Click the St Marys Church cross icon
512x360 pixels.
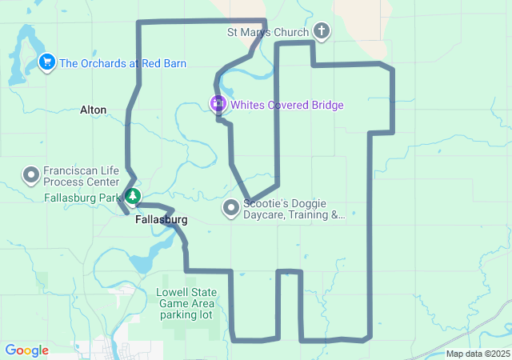(x=321, y=32)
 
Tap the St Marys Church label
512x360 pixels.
(x=268, y=33)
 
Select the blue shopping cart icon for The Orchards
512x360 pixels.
(x=46, y=62)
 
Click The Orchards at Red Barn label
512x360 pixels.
(x=123, y=62)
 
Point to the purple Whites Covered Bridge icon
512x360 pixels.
(x=218, y=104)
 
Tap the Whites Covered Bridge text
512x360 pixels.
(x=286, y=105)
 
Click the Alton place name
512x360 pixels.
(x=93, y=110)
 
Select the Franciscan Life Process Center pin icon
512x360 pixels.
(x=31, y=174)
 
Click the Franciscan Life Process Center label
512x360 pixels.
(x=81, y=176)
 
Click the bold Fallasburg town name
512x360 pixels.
(x=161, y=219)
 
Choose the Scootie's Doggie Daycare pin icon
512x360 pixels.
(x=231, y=209)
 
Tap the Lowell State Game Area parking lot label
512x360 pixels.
(x=185, y=303)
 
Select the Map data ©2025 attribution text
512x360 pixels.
(x=477, y=354)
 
